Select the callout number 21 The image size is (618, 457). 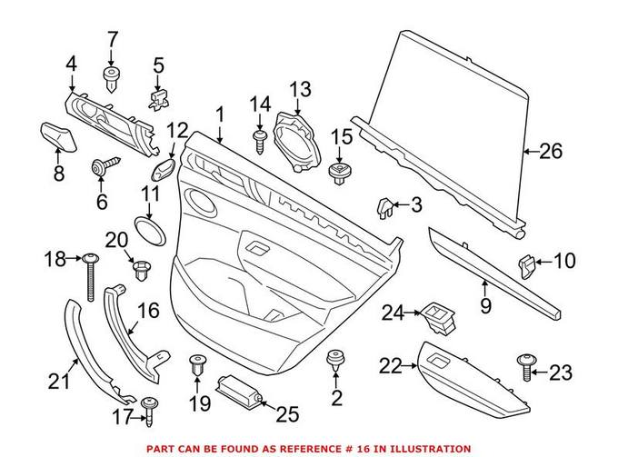point(58,382)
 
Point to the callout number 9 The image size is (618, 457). point(485,306)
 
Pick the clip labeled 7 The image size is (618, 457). point(113,78)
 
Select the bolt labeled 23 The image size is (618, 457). point(529,367)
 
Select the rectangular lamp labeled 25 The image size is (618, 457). point(239,397)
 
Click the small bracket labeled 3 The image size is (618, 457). point(386,206)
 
